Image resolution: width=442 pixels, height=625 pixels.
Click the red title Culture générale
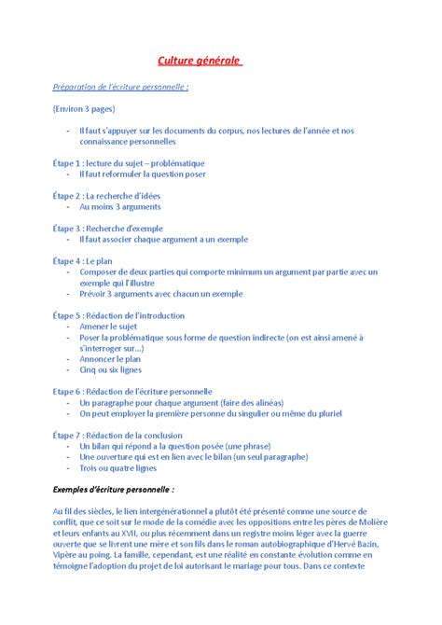coord(199,62)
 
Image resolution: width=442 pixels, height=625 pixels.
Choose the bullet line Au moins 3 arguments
coord(120,207)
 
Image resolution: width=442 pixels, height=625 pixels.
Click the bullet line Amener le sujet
coord(109,326)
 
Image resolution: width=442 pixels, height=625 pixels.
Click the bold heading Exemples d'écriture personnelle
coord(114,489)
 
